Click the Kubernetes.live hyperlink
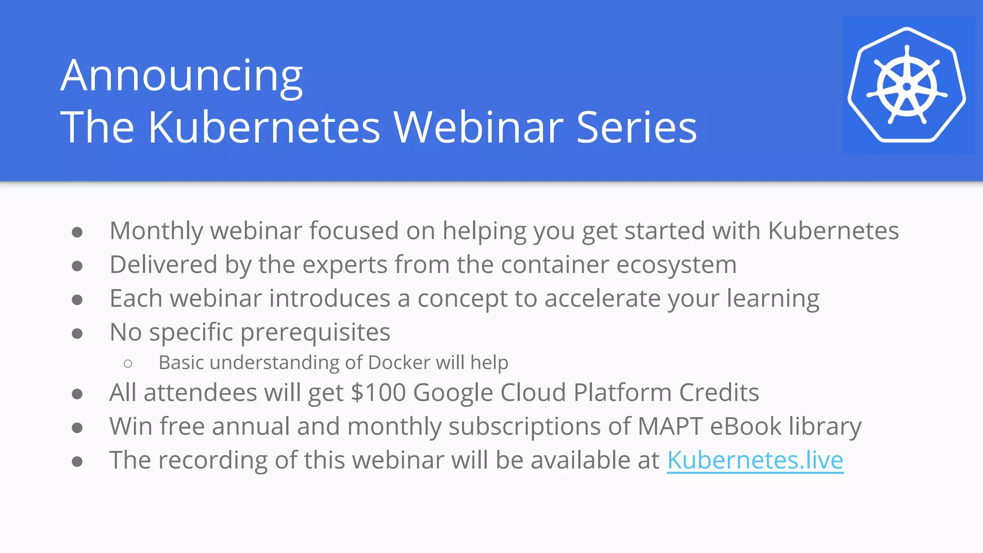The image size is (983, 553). click(x=755, y=460)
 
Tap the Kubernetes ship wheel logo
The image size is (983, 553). click(x=907, y=85)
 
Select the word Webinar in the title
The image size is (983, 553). click(x=479, y=127)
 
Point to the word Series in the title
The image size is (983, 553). click(x=636, y=127)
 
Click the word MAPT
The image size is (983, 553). click(x=670, y=426)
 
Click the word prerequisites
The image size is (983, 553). click(x=315, y=333)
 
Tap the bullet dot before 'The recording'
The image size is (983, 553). click(x=77, y=462)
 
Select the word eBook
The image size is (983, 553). click(x=745, y=426)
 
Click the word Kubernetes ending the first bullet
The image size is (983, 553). click(x=833, y=231)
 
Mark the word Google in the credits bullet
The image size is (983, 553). click(x=453, y=393)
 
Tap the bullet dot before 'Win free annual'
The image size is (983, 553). click(x=77, y=428)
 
